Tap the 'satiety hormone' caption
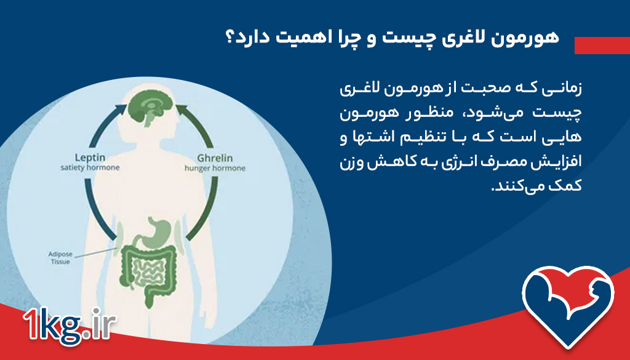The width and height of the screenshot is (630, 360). pos(90,167)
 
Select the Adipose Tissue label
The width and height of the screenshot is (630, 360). pos(60,257)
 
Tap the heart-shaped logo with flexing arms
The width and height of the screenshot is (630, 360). pos(568,301)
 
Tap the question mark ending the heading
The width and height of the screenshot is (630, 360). pos(232,38)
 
